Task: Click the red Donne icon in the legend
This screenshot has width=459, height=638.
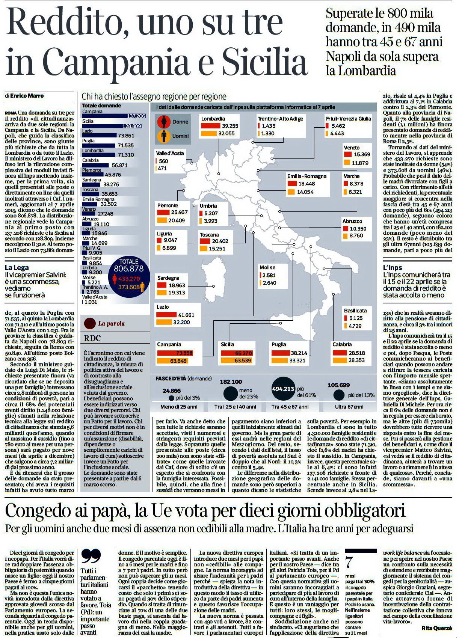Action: [164, 122]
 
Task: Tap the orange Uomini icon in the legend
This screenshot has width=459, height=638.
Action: [164, 136]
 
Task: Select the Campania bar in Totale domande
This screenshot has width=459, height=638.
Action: [114, 116]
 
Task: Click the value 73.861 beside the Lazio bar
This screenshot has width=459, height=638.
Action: [126, 136]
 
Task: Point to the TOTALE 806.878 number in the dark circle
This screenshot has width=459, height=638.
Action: [129, 268]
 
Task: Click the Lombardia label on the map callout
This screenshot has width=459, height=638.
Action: [213, 119]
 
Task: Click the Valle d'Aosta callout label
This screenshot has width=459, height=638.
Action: [170, 153]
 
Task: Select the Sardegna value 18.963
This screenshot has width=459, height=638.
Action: [177, 285]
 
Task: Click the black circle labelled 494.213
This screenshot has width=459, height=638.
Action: [283, 389]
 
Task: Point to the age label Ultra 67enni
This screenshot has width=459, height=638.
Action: [349, 407]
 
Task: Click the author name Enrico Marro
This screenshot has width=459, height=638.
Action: [27, 96]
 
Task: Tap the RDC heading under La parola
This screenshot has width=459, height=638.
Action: [92, 338]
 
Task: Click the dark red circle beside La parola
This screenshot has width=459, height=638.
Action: [90, 323]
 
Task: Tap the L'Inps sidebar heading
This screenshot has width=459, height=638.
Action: [393, 267]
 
